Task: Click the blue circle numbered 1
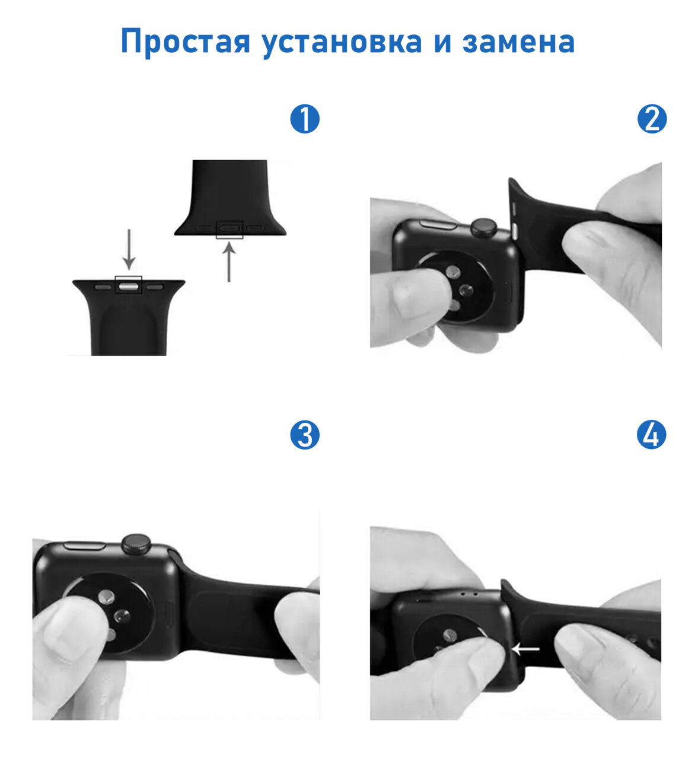tap(305, 119)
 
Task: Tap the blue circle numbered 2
tap(652, 119)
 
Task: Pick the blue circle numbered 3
tap(305, 435)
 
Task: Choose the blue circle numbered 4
tap(652, 435)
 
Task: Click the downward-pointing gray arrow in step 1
tap(129, 250)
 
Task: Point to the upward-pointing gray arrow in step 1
tap(229, 262)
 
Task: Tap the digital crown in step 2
tap(484, 227)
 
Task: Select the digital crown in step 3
tap(136, 544)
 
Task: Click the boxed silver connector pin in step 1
tap(129, 286)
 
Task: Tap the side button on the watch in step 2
tap(438, 224)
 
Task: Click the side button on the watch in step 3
tap(85, 546)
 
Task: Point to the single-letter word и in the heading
tap(442, 43)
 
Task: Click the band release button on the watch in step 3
tap(168, 616)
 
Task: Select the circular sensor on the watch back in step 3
tap(110, 617)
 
